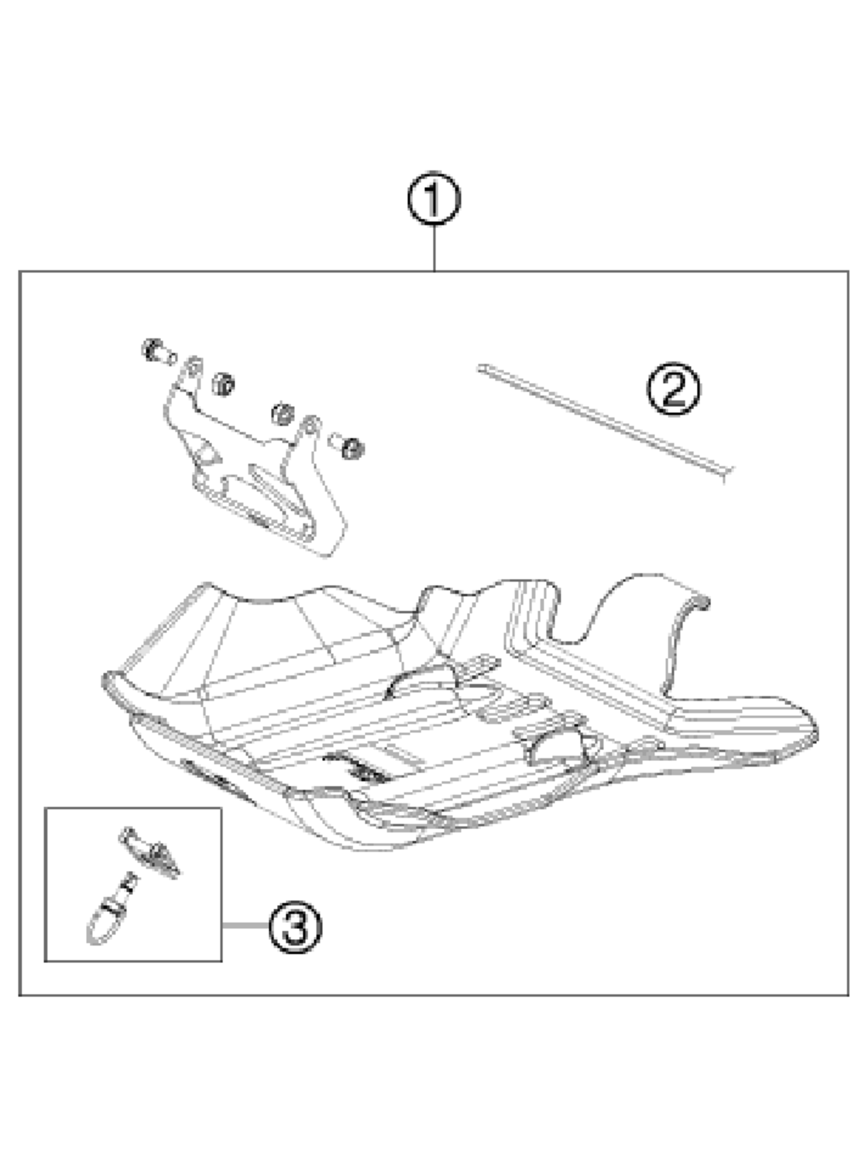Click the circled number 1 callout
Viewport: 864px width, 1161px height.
coord(434,199)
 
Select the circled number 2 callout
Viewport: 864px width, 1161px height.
coord(674,389)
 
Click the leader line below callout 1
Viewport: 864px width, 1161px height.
coord(434,248)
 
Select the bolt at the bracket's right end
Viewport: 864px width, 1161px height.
coord(347,445)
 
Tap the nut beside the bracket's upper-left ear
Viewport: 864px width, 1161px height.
coord(223,385)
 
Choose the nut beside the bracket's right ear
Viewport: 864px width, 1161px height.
coord(282,414)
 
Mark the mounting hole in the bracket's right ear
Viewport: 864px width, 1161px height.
coord(311,426)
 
